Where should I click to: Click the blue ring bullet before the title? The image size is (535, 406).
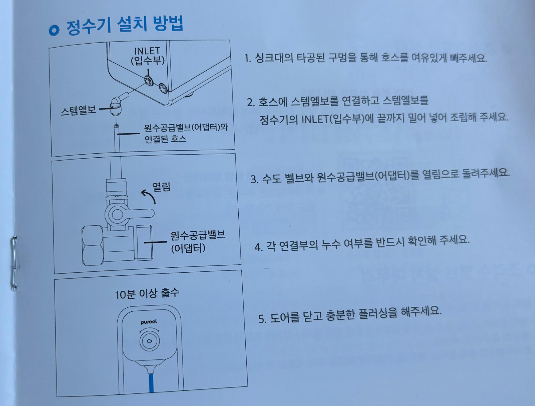(54, 30)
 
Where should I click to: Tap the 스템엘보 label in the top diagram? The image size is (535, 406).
(78, 110)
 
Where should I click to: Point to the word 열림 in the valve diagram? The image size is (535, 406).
(161, 186)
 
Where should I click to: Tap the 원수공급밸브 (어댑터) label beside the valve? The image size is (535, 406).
(197, 242)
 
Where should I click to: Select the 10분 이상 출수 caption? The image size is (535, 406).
(147, 293)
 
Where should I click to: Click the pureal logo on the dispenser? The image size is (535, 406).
(149, 322)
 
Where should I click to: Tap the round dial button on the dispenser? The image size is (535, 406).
(150, 341)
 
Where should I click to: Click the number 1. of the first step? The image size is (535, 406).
(248, 58)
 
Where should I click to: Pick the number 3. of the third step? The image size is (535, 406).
(254, 179)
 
